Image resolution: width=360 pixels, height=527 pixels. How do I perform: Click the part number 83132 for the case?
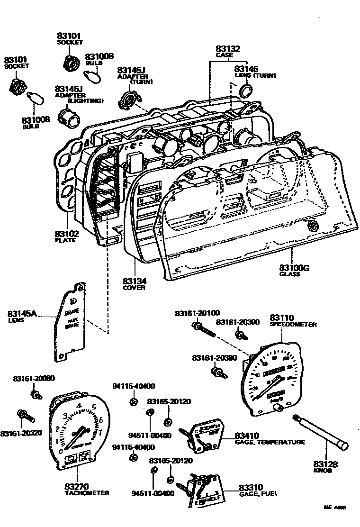tap(228, 49)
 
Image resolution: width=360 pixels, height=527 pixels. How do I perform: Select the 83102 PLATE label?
tap(66, 234)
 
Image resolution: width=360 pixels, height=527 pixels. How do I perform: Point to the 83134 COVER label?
tap(134, 282)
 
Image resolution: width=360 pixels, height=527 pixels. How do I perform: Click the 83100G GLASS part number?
tap(294, 268)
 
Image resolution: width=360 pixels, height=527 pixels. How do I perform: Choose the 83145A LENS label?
tap(22, 314)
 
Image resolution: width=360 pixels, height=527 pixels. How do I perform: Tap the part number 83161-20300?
tap(238, 322)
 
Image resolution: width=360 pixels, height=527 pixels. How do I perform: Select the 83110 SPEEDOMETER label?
tap(282, 318)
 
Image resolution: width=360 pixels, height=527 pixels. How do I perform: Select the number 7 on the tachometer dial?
tap(100, 431)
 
